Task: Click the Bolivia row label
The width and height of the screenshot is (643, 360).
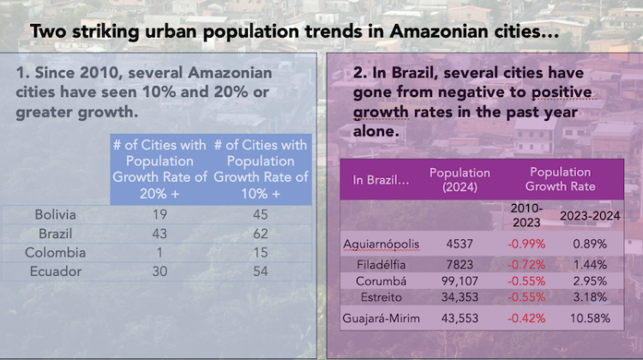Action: [55, 214]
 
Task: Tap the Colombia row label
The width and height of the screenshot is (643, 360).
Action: [55, 253]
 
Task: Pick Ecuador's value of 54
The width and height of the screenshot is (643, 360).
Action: [261, 272]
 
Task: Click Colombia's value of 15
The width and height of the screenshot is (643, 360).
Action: [261, 253]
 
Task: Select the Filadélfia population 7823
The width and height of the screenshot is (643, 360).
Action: [459, 264]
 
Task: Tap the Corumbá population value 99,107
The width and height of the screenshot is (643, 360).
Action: [459, 280]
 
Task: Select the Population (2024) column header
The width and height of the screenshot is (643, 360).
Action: [459, 179]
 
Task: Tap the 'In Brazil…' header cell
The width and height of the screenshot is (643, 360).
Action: [380, 180]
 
